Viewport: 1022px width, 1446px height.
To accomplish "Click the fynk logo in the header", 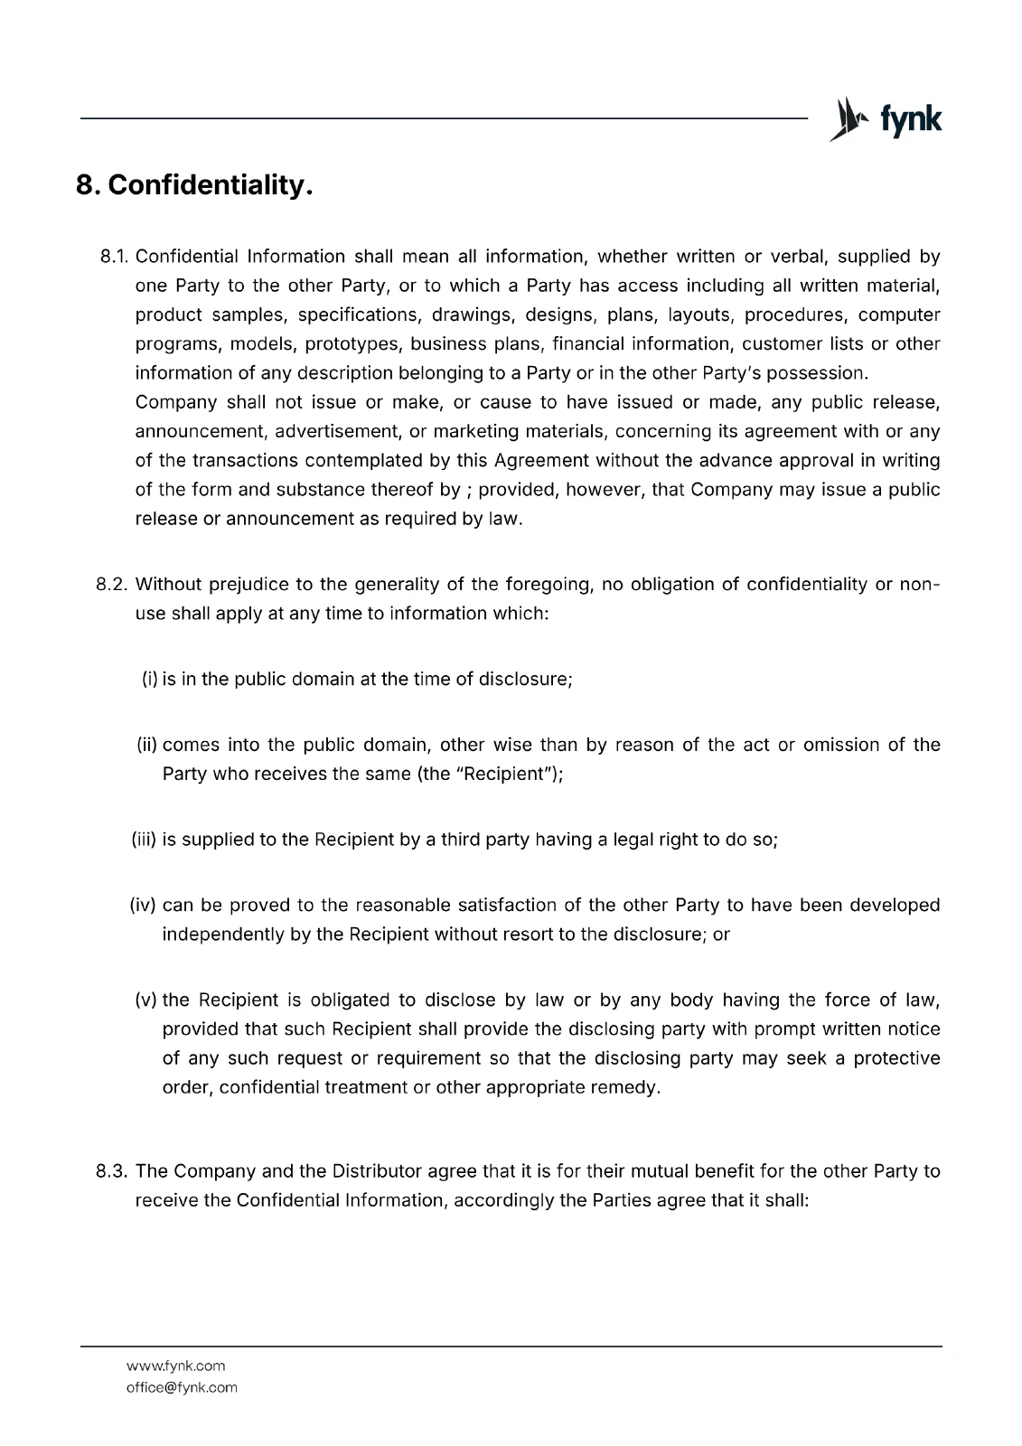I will (885, 120).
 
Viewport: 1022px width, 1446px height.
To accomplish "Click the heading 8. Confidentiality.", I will (194, 186).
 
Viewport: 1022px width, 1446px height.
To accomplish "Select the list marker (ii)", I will (147, 745).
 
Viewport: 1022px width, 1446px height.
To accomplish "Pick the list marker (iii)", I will (145, 840).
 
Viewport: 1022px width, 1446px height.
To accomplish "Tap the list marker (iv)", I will (145, 905).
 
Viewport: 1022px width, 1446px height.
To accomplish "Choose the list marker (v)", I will (146, 1000).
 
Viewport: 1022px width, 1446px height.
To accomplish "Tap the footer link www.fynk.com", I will (175, 1366).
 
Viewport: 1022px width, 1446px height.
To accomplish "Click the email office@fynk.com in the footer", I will (182, 1387).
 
